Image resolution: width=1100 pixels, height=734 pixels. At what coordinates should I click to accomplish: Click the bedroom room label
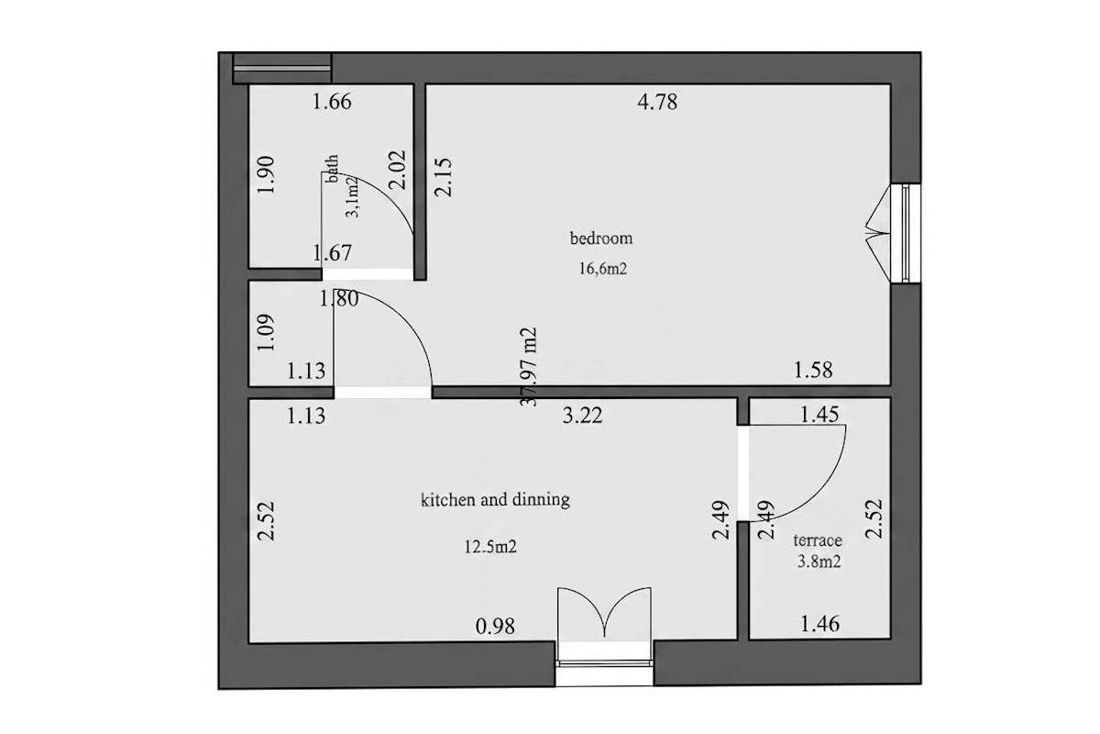pos(601,239)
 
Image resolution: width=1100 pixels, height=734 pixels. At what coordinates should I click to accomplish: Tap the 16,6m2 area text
pos(603,269)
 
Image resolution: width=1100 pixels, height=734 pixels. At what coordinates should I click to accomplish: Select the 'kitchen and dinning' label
pos(496,499)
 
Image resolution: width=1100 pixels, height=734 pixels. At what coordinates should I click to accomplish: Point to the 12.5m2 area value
pos(490,547)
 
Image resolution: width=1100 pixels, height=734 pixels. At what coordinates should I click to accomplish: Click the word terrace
pos(818,540)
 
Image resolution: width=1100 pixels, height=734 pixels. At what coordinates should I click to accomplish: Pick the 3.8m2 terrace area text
pos(819,562)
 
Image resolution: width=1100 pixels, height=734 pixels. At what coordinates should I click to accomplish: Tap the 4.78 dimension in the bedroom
pos(657,102)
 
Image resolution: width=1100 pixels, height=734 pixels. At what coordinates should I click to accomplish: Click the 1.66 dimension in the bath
pos(332,102)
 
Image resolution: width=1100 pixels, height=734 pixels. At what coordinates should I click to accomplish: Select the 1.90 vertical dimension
pos(266,175)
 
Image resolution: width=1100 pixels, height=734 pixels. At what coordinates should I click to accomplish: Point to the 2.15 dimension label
pos(443,177)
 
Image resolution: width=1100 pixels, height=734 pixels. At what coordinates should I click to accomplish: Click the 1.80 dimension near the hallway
pos(339,298)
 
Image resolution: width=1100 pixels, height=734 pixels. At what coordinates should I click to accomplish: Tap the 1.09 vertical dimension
pos(266,332)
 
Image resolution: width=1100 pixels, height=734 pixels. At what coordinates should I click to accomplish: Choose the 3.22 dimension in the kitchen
pos(582,416)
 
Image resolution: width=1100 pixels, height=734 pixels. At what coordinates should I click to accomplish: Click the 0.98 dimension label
pos(496,627)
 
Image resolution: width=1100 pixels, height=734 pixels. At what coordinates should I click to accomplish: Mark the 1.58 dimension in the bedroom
pos(813,370)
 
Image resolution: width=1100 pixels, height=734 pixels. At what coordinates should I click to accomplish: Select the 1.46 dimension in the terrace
pos(820,624)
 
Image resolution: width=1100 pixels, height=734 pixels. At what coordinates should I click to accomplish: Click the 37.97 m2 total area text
pos(528,367)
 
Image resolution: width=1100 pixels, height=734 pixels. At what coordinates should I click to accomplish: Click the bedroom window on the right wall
pos(906,233)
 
